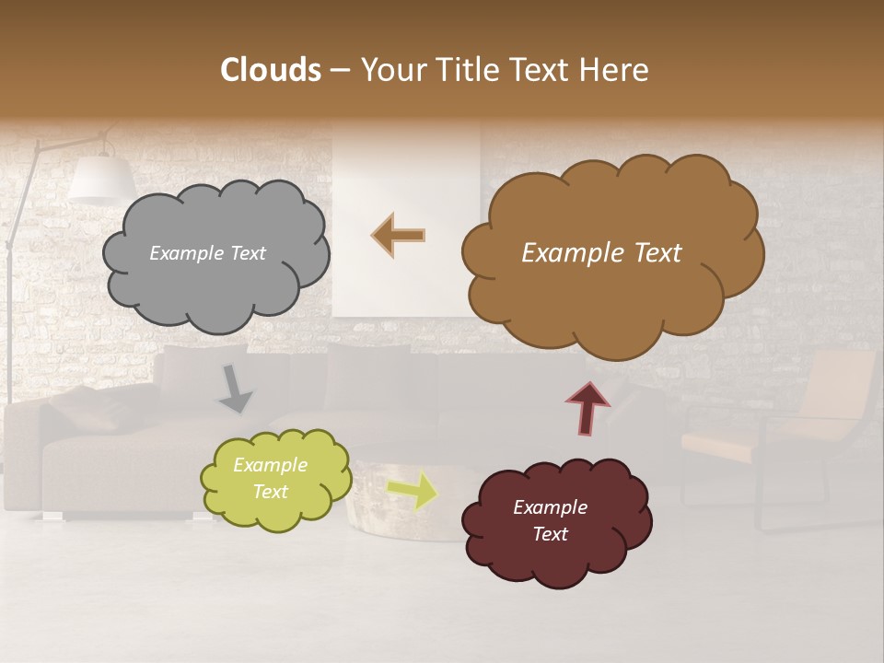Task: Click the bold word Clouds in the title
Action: point(270,70)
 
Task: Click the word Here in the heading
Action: point(613,70)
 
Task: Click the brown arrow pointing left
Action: point(399,236)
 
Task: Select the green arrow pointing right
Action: point(412,490)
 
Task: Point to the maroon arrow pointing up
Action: point(587,408)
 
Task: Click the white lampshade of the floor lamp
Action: point(101,180)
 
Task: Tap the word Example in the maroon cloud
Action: point(550,507)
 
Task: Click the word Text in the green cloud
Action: point(270,492)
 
